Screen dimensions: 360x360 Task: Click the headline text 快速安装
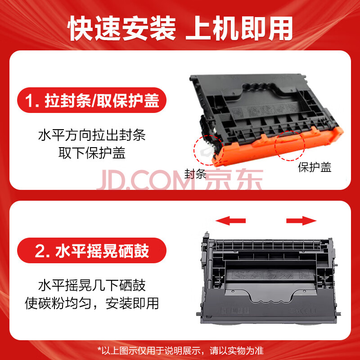(x=121, y=28)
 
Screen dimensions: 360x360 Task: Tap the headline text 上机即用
(x=239, y=28)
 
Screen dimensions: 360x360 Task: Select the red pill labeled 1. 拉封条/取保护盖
(x=92, y=100)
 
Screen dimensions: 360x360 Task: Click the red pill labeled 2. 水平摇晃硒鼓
(x=92, y=250)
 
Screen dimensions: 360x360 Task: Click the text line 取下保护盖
(x=92, y=153)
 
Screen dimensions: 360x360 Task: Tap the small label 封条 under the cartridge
(x=195, y=174)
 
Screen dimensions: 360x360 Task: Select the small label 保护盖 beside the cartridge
(x=315, y=167)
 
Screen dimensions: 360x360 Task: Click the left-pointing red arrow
(x=230, y=220)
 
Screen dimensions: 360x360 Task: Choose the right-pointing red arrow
(x=301, y=220)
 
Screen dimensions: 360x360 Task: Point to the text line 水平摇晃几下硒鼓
(x=92, y=285)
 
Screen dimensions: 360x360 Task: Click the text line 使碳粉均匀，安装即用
(x=92, y=303)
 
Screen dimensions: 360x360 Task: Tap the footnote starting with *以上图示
(x=180, y=351)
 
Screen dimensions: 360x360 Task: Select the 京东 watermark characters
(x=234, y=179)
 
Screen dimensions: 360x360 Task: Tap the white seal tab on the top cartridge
(x=205, y=151)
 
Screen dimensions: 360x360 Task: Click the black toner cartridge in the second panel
(x=269, y=278)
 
